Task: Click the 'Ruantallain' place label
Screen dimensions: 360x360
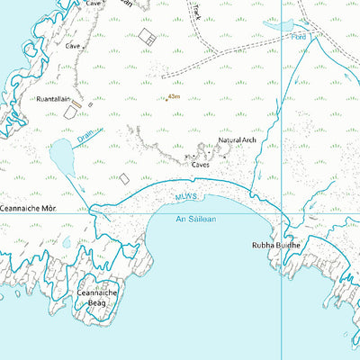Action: pos(54,98)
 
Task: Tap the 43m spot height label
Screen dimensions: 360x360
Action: pos(175,96)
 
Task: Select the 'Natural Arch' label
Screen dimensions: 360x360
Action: pos(238,141)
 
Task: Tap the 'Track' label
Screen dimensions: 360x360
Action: pos(197,11)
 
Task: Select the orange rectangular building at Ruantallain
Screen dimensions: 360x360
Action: pos(77,105)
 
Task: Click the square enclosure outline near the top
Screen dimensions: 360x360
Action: pos(147,36)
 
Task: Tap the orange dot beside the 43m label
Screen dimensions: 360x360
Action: pos(166,98)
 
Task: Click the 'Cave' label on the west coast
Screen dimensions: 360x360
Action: pos(74,44)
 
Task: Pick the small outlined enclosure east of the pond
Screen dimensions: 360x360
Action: pos(124,178)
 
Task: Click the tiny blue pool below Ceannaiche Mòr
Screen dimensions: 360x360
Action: pos(67,241)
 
